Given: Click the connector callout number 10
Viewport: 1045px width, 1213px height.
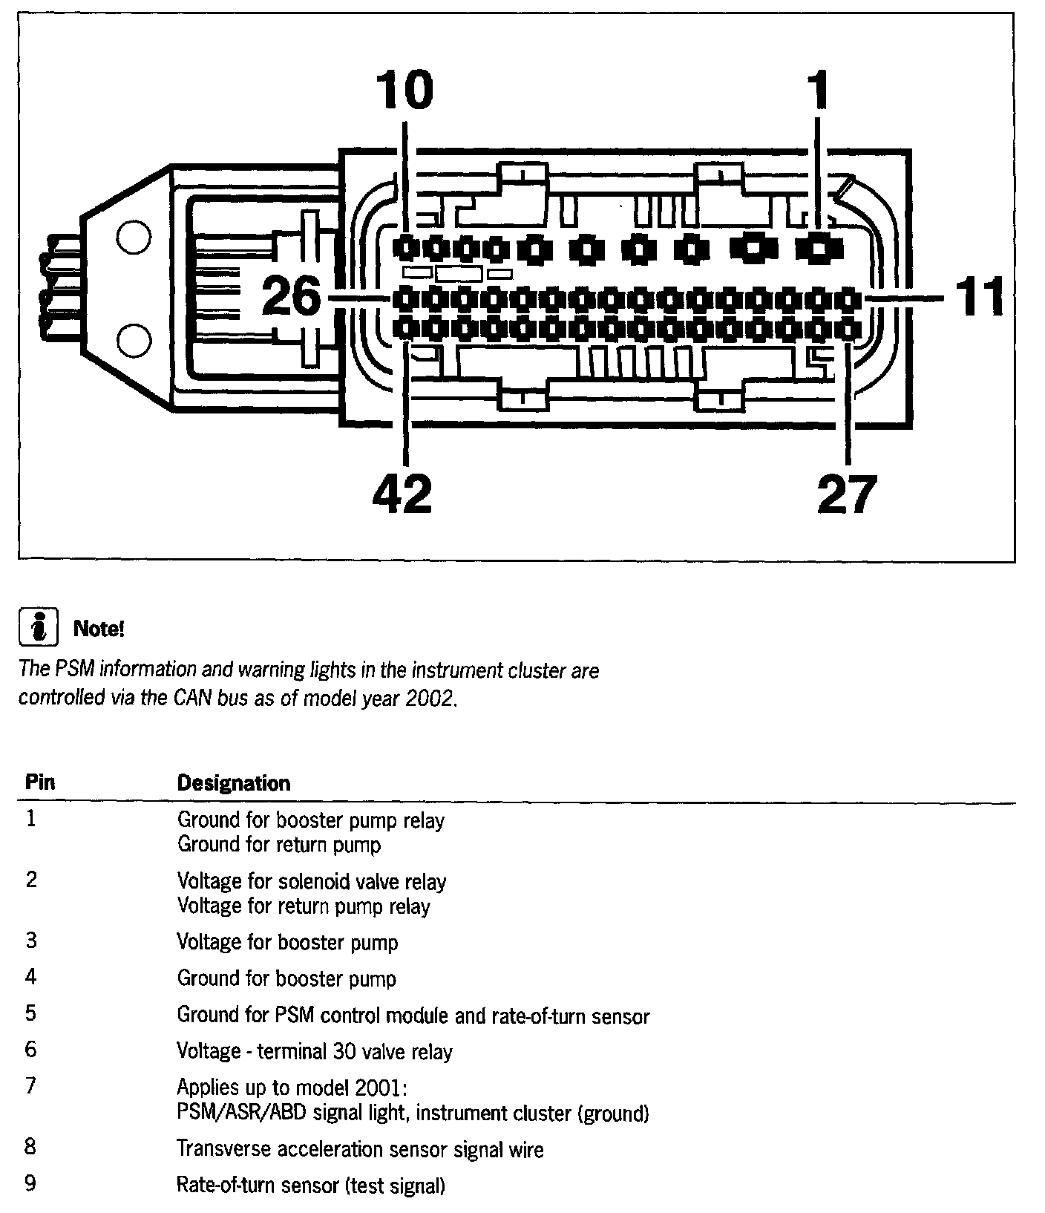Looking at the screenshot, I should coord(404,90).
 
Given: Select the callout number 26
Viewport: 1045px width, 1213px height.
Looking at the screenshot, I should coord(292,297).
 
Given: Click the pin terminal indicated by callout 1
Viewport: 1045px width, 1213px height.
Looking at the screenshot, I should coord(818,247).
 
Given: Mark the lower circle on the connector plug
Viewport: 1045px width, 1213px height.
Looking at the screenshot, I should coord(134,341).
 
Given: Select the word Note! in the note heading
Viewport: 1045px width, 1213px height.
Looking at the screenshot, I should coord(99,630).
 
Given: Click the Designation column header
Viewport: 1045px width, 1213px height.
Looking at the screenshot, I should coord(233,783).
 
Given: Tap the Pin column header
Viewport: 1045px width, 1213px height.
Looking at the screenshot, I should coord(40,782).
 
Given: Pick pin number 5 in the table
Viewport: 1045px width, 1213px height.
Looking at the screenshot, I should coord(30,1013).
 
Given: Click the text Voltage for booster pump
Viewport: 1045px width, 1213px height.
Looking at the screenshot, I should coord(287,942).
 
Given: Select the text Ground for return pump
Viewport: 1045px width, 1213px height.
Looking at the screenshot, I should coord(279,845).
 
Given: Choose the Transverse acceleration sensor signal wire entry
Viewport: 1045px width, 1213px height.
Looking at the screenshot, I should coord(360,1149).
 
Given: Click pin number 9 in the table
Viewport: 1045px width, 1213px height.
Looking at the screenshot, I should coord(30,1183).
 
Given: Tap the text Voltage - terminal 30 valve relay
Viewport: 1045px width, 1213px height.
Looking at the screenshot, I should coord(315,1051).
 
